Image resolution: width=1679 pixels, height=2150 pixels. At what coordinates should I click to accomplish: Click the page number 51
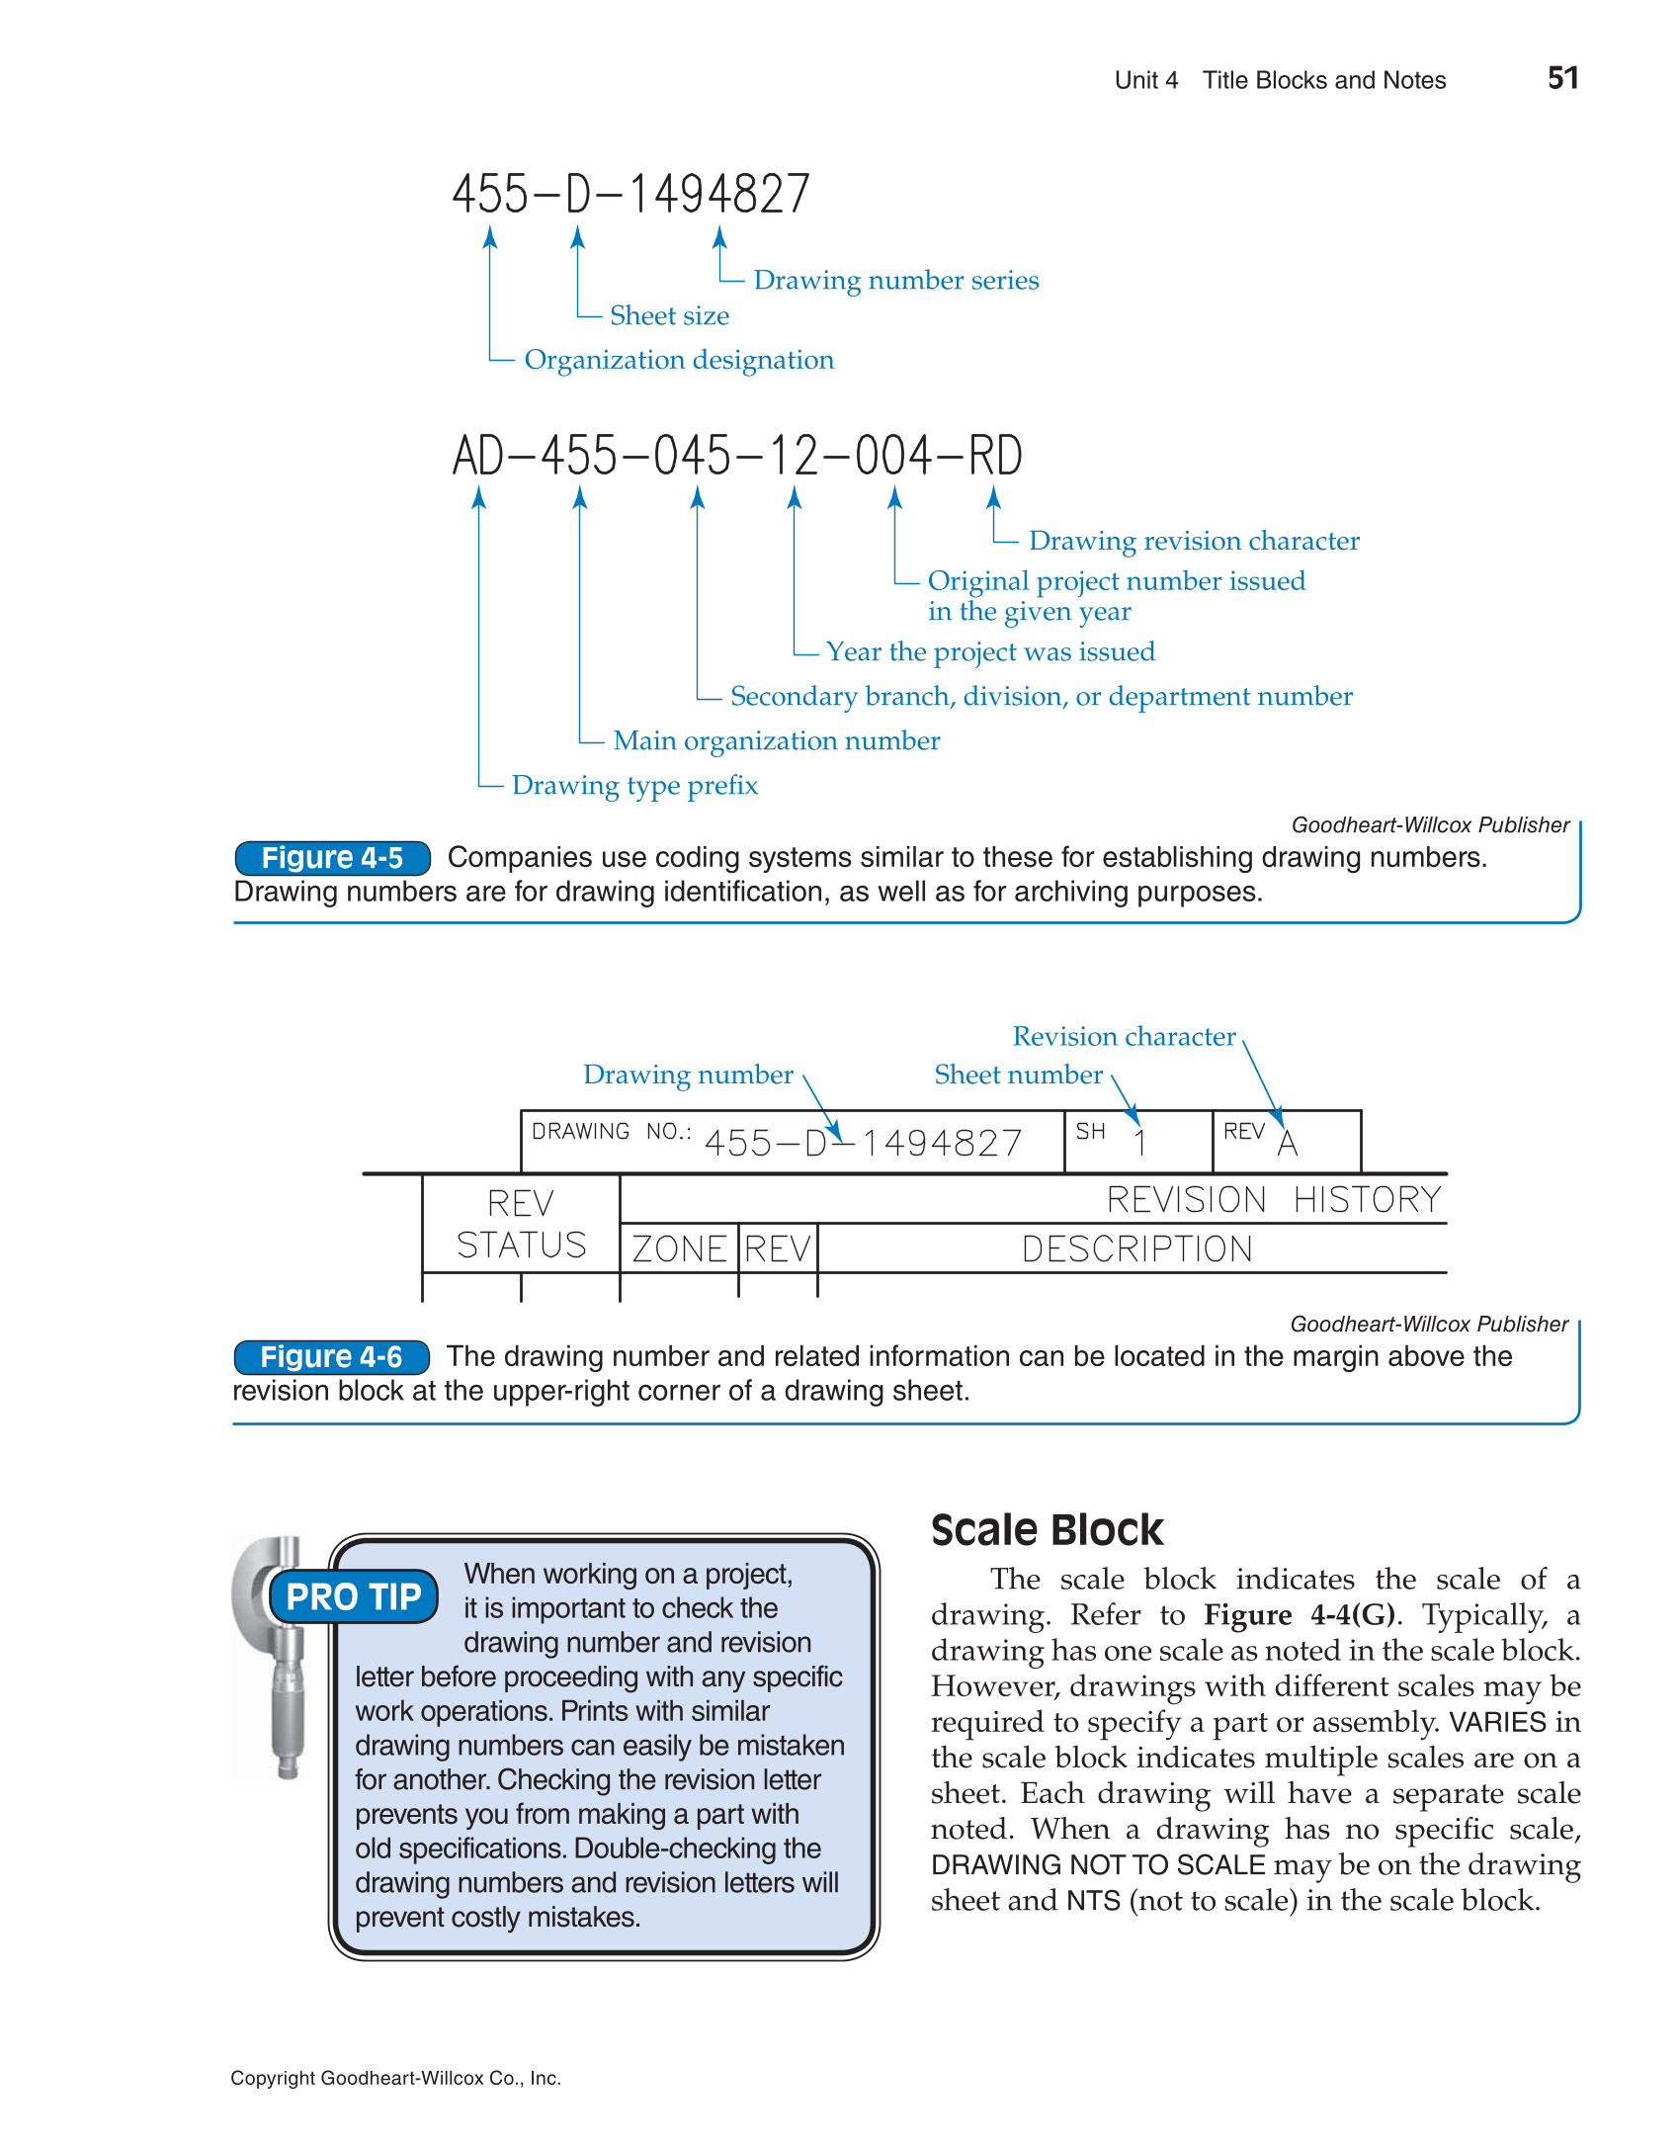1561,78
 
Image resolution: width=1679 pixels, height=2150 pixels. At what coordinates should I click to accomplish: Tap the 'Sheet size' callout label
669,315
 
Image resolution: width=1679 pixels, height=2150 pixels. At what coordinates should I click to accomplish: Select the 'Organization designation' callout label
678,360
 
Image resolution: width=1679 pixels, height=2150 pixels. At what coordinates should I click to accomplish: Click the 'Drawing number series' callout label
895,281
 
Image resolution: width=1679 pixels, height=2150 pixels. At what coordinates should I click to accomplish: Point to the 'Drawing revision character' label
1193,541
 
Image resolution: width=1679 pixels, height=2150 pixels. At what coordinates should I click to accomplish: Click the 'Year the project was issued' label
989,652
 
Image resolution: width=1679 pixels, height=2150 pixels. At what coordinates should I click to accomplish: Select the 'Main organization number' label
776,741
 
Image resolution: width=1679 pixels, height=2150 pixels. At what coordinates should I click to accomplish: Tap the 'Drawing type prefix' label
634,786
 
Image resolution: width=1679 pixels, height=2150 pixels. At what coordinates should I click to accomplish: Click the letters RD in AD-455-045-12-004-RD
994,457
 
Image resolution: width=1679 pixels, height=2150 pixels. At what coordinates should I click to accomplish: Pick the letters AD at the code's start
478,457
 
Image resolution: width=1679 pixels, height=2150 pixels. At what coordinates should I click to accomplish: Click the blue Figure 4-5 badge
332,858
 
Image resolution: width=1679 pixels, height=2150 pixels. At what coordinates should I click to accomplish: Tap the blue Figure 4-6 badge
331,1357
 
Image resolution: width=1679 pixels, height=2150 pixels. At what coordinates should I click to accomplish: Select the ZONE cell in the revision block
679,1248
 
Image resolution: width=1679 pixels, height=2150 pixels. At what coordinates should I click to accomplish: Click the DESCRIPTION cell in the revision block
1136,1248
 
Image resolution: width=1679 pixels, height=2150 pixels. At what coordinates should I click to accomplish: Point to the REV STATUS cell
521,1224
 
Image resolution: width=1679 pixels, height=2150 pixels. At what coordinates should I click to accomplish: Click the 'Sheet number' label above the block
1018,1075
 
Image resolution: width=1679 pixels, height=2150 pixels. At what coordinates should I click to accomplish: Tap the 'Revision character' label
1124,1037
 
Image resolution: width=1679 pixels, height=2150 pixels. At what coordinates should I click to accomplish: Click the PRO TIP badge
353,1596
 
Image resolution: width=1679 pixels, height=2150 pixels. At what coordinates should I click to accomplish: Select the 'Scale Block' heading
1047,1530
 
